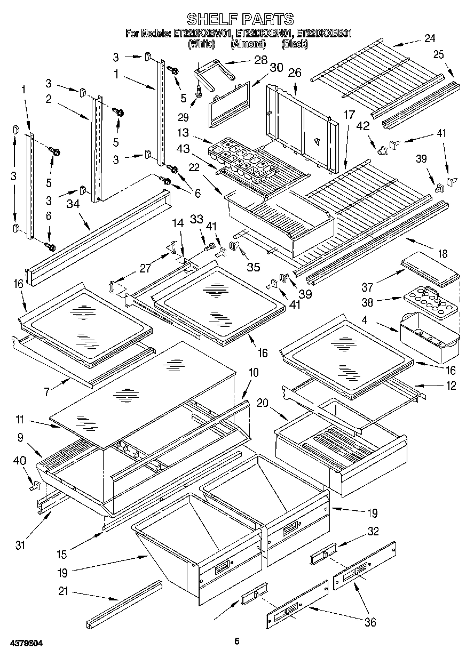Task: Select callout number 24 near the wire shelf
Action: [430, 38]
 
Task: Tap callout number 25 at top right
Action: [439, 54]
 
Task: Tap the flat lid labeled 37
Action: [430, 268]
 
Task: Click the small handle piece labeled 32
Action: [323, 553]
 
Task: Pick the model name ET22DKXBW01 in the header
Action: [202, 34]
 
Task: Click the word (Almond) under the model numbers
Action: [248, 44]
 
